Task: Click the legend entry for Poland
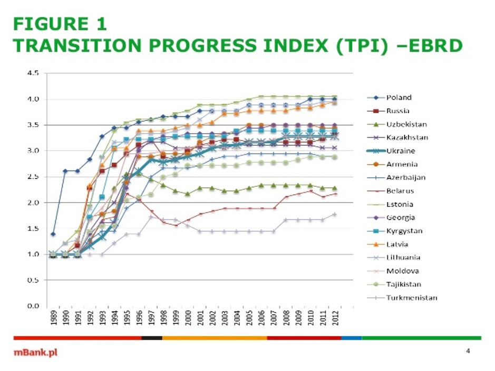point(399,97)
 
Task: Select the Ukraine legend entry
point(400,151)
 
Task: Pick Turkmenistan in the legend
point(411,298)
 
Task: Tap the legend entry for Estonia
point(400,204)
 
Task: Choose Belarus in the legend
point(400,191)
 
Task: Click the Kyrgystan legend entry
point(404,231)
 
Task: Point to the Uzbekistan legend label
point(406,124)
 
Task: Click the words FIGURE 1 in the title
point(60,24)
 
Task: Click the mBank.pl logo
point(35,353)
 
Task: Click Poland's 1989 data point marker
point(53,234)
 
